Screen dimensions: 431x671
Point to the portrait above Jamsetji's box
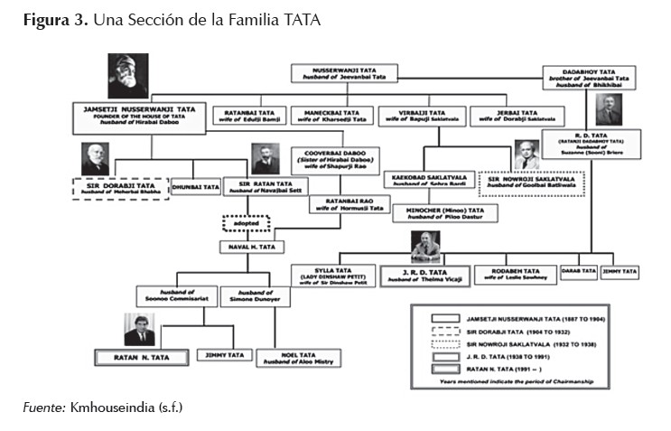pyautogui.click(x=126, y=77)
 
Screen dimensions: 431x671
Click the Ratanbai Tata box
pyautogui.click(x=247, y=115)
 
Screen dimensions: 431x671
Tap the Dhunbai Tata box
pyautogui.click(x=195, y=187)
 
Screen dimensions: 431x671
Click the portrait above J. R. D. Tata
pyautogui.click(x=424, y=247)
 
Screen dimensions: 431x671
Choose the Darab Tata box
pyautogui.click(x=579, y=271)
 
